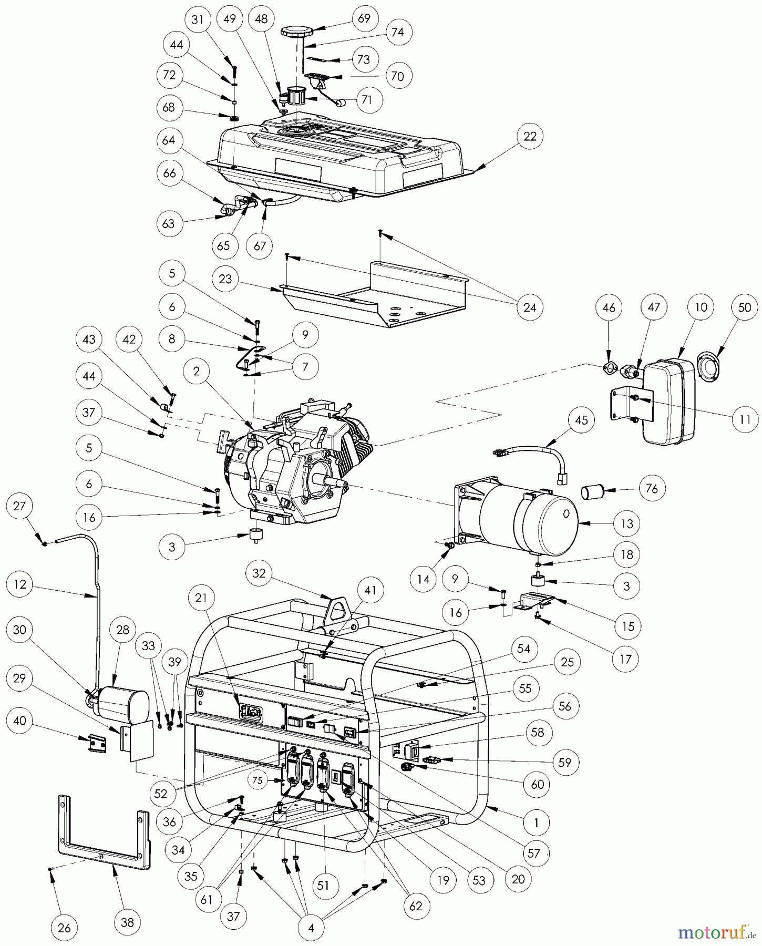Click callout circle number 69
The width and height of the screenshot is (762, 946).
[x=364, y=18]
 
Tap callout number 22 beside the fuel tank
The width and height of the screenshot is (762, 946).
[x=530, y=136]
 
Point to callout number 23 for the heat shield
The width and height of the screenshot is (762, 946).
[x=225, y=279]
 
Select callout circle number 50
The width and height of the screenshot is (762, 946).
[x=745, y=307]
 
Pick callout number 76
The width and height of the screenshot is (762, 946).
[x=651, y=488]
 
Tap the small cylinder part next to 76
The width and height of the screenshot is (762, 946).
[x=591, y=493]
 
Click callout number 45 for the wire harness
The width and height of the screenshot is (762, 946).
[x=581, y=420]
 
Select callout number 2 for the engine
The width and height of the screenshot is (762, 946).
[x=197, y=372]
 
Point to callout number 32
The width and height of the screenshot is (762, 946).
[x=259, y=573]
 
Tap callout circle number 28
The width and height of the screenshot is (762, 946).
[x=122, y=630]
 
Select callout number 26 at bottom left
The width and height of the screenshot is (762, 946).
[x=64, y=928]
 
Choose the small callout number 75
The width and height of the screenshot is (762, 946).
[x=257, y=780]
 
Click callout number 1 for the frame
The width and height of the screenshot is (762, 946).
[x=536, y=823]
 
